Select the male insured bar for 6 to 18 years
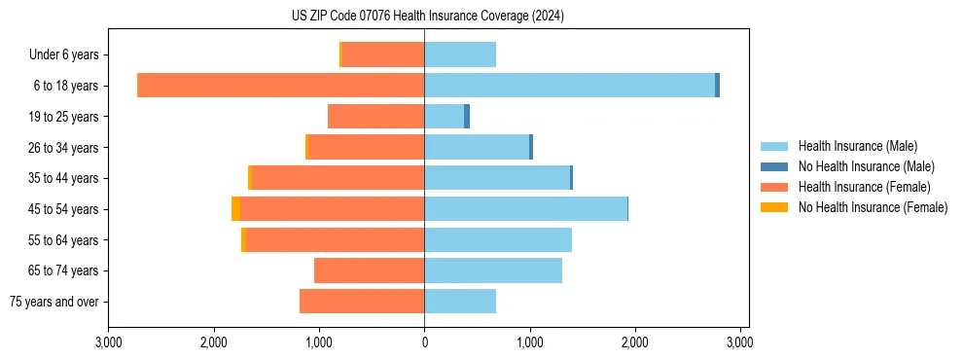(x=569, y=86)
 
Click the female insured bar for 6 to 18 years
(x=281, y=86)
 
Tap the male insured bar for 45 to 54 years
(x=525, y=209)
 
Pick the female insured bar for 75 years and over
(x=362, y=302)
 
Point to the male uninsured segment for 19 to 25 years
(x=467, y=117)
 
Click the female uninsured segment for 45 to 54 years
(x=236, y=209)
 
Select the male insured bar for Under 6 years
(x=460, y=54)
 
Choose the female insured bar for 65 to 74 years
(x=369, y=270)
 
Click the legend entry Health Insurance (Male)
(x=856, y=146)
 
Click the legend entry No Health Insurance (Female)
(x=873, y=207)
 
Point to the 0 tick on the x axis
(x=424, y=342)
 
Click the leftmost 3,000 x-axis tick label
(x=109, y=342)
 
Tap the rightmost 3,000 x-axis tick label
(x=739, y=342)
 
